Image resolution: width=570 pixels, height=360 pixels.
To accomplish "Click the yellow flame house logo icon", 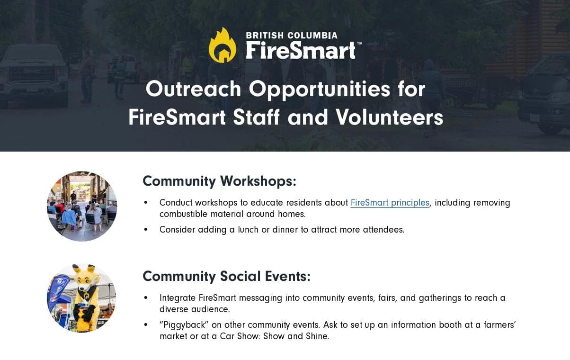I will tap(223, 45).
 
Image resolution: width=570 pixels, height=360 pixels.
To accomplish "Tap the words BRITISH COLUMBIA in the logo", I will tap(292, 36).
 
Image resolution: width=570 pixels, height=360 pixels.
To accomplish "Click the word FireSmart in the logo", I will tap(300, 50).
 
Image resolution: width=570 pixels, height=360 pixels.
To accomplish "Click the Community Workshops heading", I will tap(219, 181).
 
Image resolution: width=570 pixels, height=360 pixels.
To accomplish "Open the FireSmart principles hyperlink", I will tap(390, 203).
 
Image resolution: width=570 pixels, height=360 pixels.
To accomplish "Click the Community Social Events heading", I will tap(226, 276).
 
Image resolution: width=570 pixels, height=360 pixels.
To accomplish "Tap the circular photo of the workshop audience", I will tap(82, 207).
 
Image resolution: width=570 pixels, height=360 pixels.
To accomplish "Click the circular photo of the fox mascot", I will tap(82, 298).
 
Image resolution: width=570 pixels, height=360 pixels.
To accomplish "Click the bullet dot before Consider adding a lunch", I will tap(146, 230).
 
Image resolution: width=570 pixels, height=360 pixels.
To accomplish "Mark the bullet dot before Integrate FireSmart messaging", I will tap(146, 298).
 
